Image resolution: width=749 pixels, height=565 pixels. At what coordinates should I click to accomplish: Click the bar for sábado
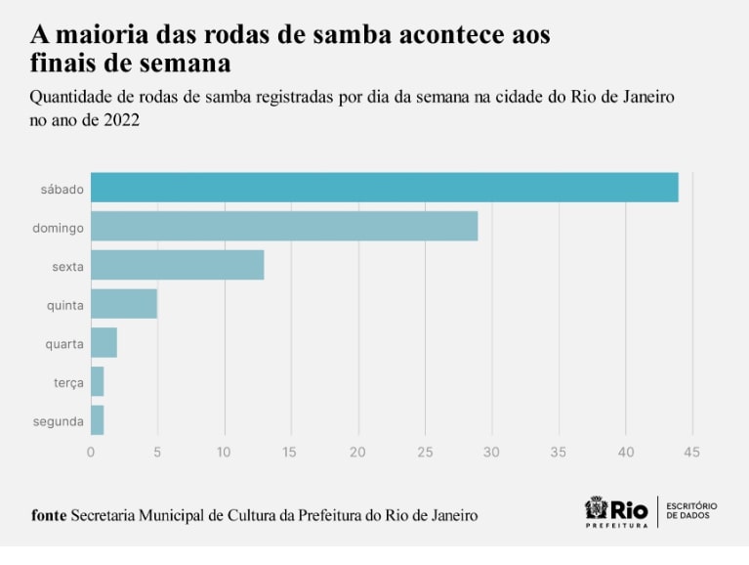[384, 188]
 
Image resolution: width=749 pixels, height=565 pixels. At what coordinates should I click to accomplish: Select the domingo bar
[284, 227]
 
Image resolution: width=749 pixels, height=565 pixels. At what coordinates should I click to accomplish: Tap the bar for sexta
[177, 265]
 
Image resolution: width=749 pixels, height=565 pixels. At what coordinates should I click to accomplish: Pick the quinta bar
[124, 304]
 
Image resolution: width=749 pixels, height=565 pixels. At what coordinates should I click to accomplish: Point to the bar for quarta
[104, 343]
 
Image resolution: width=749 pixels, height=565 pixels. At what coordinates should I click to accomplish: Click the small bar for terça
[97, 382]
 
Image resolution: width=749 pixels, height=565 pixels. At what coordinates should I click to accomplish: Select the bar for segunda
[97, 421]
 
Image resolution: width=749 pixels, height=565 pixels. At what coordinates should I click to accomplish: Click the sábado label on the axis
[62, 189]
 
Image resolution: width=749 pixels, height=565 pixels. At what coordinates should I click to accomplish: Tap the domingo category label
[58, 228]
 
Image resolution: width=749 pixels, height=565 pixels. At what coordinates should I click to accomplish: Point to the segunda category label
[58, 422]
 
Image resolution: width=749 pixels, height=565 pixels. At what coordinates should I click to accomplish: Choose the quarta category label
[63, 344]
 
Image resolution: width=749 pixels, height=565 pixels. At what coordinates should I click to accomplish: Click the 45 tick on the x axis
[692, 452]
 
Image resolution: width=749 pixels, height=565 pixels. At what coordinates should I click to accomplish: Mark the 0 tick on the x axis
[91, 452]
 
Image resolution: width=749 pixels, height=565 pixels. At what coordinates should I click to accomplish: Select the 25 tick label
[425, 452]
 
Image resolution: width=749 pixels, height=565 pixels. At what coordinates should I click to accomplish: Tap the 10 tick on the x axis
[225, 452]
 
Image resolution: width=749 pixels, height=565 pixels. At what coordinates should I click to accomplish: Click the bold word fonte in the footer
[49, 515]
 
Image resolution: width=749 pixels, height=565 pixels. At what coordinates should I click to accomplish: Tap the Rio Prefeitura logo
[616, 512]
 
